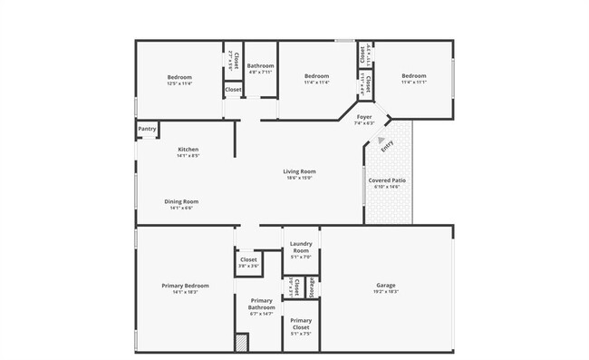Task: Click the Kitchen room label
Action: tap(188, 150)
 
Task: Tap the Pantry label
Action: tap(147, 129)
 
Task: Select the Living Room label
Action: tap(299, 171)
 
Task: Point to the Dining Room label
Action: tap(181, 201)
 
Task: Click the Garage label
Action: tap(386, 285)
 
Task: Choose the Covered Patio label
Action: tap(387, 180)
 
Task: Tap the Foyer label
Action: tap(364, 117)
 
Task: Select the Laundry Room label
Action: tap(300, 247)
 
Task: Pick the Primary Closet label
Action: tap(301, 324)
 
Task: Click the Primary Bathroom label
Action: tap(261, 304)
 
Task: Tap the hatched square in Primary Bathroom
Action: tap(241, 344)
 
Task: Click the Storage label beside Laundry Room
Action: tap(311, 287)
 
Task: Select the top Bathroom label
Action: tap(261, 65)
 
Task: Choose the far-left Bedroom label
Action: tap(179, 77)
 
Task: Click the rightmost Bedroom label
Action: tap(413, 76)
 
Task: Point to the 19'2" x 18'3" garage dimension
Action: tap(386, 292)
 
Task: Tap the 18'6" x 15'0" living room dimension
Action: tap(299, 178)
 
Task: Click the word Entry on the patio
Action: tap(387, 144)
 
